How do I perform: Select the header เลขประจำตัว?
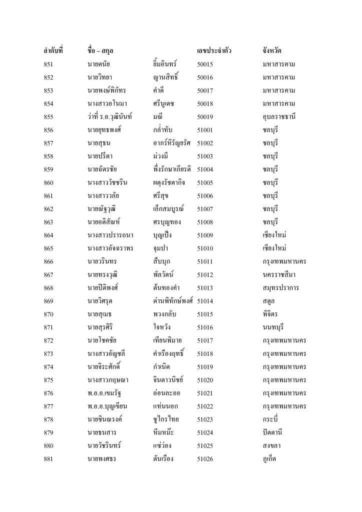coord(214,51)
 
